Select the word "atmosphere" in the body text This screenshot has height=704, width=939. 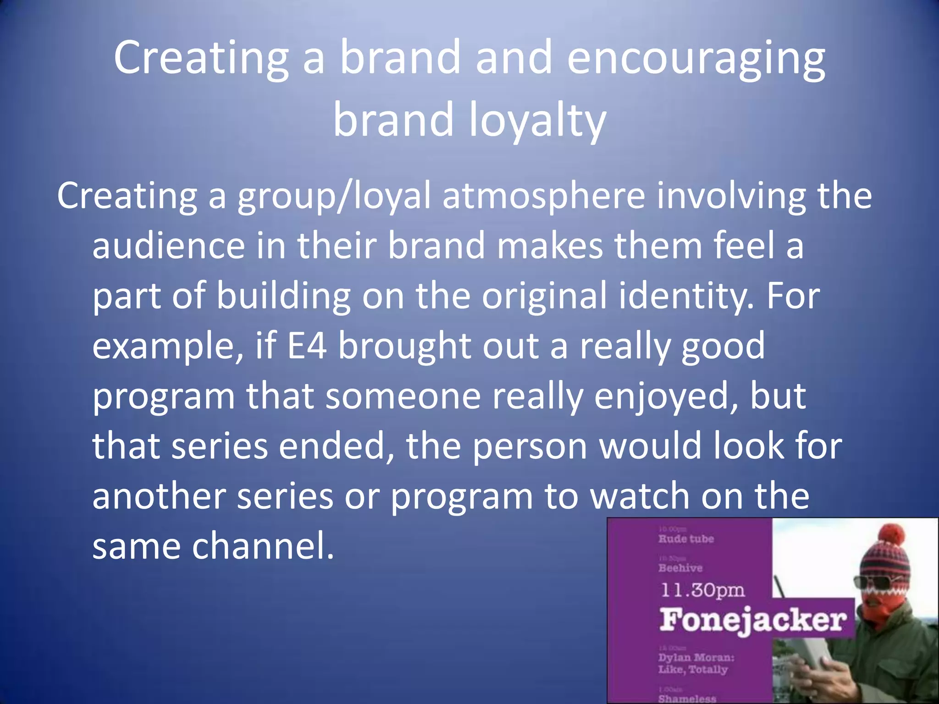[543, 196]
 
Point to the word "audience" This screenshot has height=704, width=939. [168, 246]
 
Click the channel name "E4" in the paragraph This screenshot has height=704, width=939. [307, 346]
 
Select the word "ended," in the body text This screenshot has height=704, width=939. [337, 446]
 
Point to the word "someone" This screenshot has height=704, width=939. [403, 396]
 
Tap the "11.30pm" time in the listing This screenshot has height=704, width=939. [703, 590]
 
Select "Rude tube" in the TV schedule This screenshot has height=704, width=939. [686, 539]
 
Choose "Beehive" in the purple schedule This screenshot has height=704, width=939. [680, 568]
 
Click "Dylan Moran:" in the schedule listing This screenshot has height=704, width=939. [696, 657]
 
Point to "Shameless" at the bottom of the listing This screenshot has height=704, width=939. [687, 698]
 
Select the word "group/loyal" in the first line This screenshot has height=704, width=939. [334, 196]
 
